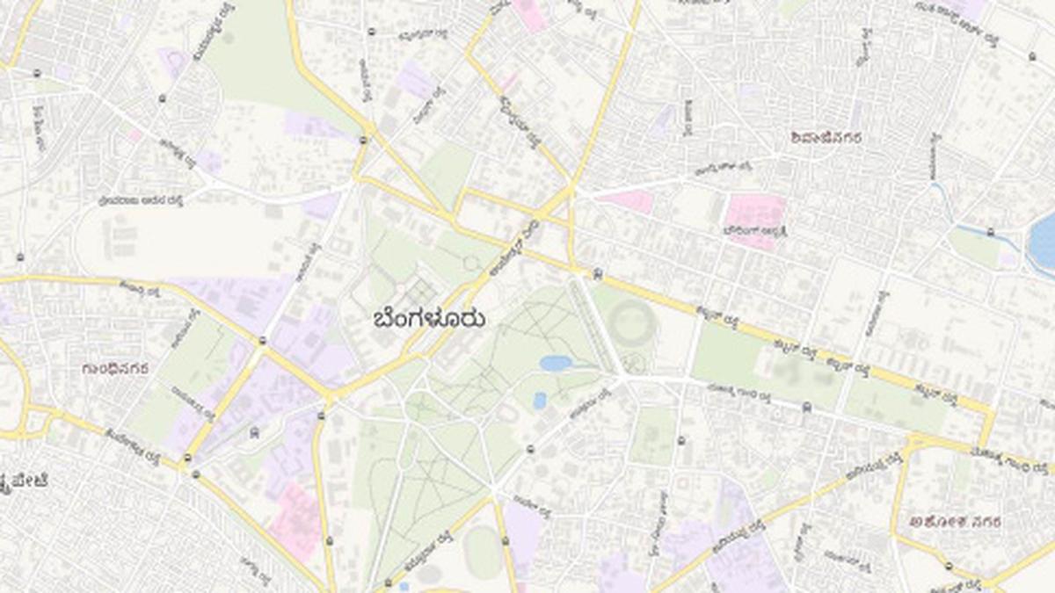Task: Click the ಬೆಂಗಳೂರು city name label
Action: pyautogui.click(x=429, y=318)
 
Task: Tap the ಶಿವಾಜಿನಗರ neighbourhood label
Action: pyautogui.click(x=826, y=137)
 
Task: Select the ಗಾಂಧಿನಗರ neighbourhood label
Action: pyautogui.click(x=114, y=367)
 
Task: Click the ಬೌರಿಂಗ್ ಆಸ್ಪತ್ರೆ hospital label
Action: pyautogui.click(x=754, y=231)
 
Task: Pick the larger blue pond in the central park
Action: pyautogui.click(x=557, y=363)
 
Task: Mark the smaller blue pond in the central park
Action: pyautogui.click(x=539, y=401)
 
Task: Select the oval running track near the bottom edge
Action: pyautogui.click(x=482, y=553)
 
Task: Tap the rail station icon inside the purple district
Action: pyautogui.click(x=254, y=432)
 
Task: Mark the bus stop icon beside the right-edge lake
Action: pyautogui.click(x=991, y=232)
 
